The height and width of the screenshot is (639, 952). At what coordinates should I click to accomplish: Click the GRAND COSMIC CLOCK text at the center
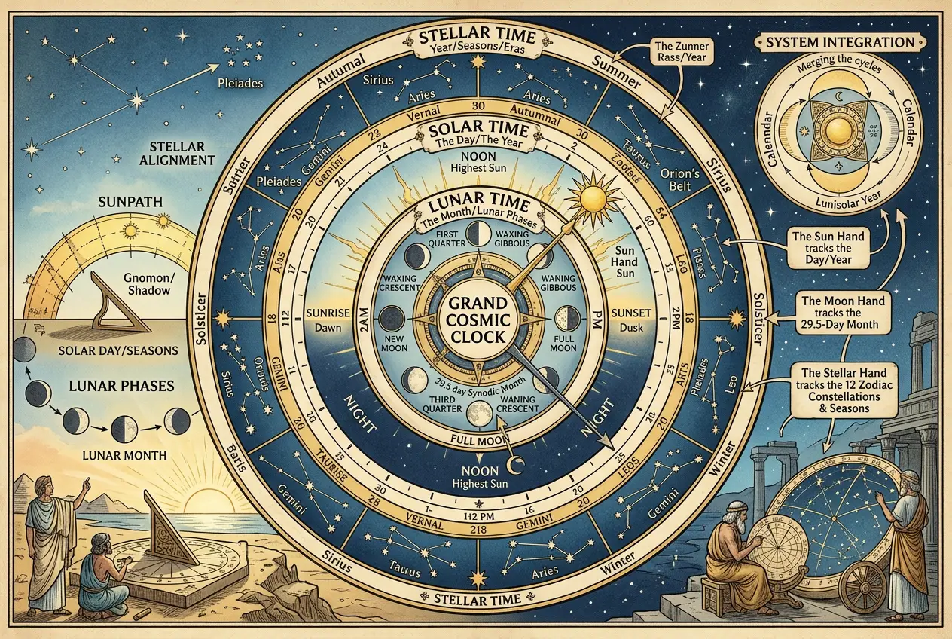pos(475,319)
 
